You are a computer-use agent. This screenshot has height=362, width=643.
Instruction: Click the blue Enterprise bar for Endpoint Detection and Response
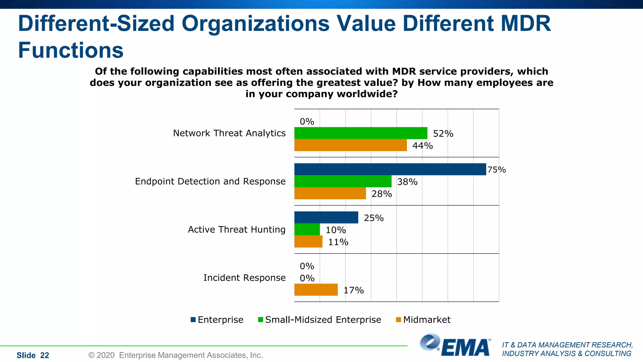tap(390, 169)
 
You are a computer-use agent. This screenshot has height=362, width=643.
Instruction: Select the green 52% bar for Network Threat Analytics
tap(360, 133)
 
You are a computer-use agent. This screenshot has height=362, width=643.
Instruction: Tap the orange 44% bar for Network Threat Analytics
tap(350, 145)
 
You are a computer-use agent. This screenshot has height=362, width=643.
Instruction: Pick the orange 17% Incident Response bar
tap(316, 290)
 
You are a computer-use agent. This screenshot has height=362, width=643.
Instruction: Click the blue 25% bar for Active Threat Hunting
tap(326, 217)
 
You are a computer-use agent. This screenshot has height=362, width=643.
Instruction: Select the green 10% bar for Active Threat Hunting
tap(307, 230)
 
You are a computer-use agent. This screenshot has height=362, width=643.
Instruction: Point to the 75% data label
tap(496, 170)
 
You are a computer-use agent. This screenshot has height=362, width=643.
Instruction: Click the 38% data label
tap(407, 182)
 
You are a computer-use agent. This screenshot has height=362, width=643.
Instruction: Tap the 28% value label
tap(381, 194)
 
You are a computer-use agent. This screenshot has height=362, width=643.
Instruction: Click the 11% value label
tap(338, 242)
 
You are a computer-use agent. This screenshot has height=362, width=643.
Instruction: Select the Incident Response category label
tap(244, 278)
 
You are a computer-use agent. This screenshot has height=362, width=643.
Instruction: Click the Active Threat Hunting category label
tap(236, 230)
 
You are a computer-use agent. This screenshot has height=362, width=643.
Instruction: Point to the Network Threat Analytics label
tap(229, 133)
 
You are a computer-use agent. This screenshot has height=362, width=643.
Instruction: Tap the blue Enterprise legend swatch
tap(193, 320)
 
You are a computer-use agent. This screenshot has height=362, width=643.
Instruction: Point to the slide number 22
tap(45, 355)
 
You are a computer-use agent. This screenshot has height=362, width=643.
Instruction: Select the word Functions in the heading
tap(71, 50)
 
